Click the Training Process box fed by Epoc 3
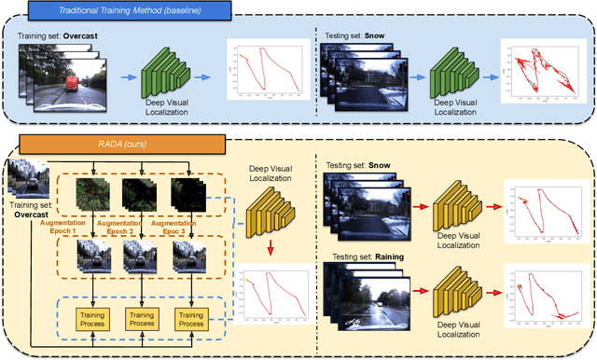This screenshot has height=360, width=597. point(190,320)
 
